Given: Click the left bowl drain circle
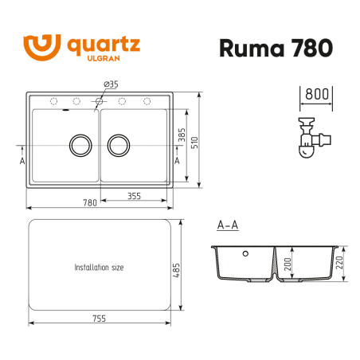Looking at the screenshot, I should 80,145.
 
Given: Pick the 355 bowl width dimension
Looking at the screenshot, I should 133,196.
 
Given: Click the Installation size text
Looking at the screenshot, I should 99,268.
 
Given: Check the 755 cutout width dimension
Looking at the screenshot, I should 99,319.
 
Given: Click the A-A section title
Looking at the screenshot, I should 227,225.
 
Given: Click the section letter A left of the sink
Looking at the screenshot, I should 22,159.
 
